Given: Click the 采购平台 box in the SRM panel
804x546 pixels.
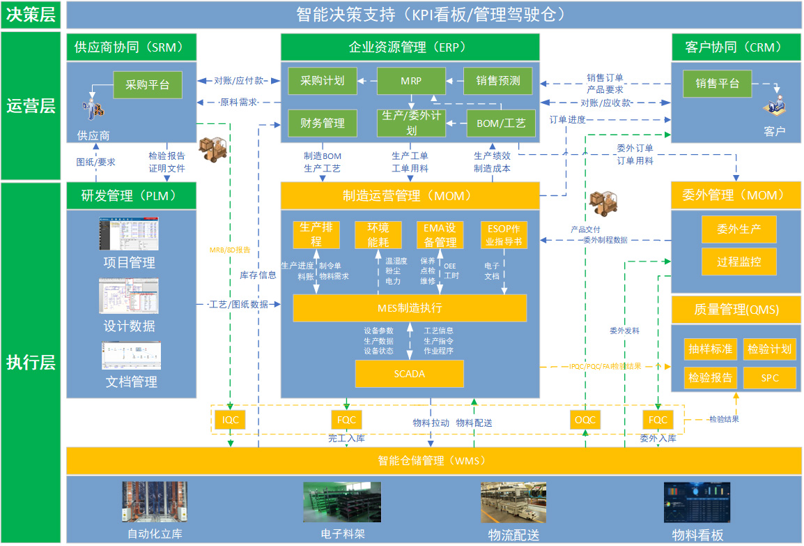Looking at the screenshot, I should [x=147, y=85].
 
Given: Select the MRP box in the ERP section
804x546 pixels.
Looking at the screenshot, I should [x=411, y=81].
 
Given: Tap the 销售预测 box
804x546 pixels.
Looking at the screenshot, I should [x=498, y=81].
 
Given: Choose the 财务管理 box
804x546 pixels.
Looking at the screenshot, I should [x=323, y=123].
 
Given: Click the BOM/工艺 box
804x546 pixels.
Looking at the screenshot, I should [x=501, y=123].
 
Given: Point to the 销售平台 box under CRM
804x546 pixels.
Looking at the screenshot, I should [x=716, y=84].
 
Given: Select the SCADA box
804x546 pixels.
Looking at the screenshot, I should [x=409, y=374].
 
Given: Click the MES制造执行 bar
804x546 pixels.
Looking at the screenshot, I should [x=409, y=308].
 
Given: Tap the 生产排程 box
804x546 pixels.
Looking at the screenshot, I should [x=316, y=235].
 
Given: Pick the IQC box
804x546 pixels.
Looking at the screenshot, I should [x=230, y=420].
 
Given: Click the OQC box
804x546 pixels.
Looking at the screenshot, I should [x=585, y=420].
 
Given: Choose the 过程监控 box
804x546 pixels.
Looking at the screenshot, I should [x=739, y=262].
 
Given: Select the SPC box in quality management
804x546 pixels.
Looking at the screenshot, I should [x=769, y=378].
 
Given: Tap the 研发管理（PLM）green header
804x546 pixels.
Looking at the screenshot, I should [x=131, y=196].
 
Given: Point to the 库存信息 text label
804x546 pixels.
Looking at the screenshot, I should [x=258, y=275].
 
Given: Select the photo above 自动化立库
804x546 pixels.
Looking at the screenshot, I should [x=155, y=502].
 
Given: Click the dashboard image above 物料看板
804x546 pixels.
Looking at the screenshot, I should [x=697, y=502].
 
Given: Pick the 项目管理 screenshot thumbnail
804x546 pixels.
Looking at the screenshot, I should [x=129, y=234].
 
